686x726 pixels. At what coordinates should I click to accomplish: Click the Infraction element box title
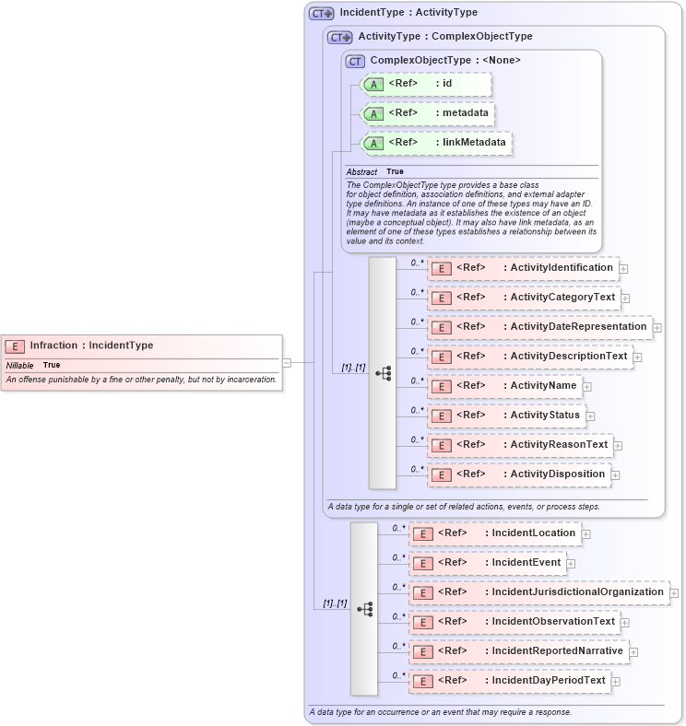91,345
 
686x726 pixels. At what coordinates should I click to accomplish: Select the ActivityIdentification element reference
523,268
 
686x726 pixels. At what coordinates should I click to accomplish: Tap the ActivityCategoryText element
523,298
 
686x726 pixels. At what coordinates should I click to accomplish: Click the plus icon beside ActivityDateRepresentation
657,327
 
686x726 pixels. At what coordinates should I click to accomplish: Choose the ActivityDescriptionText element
530,357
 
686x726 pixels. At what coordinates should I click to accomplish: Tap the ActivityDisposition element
518,474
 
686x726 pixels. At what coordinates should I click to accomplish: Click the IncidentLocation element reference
494,533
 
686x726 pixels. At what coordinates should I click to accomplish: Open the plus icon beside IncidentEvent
571,563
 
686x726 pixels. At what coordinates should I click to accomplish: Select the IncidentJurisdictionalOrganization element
538,592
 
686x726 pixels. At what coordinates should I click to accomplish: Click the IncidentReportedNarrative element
518,651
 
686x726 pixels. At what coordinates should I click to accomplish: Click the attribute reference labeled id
427,84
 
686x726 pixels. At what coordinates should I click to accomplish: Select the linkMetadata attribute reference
436,143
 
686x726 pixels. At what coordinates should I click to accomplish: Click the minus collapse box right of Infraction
287,363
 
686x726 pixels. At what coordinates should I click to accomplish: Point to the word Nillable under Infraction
20,366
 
